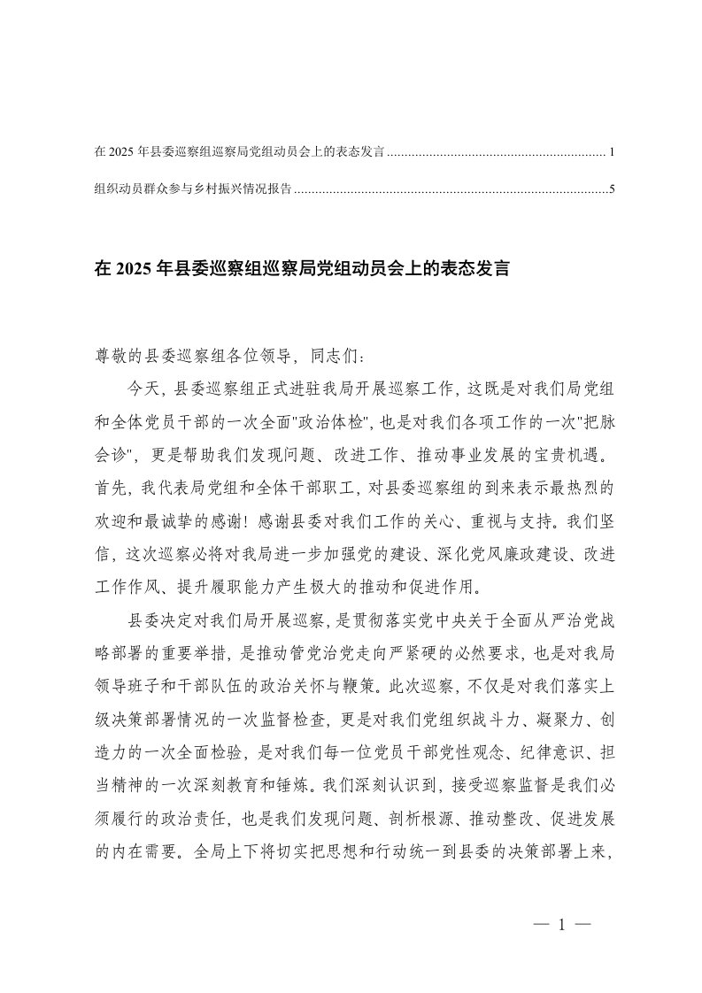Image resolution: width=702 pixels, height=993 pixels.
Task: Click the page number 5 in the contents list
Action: coord(612,189)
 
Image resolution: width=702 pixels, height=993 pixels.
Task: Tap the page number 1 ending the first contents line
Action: coord(612,153)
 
